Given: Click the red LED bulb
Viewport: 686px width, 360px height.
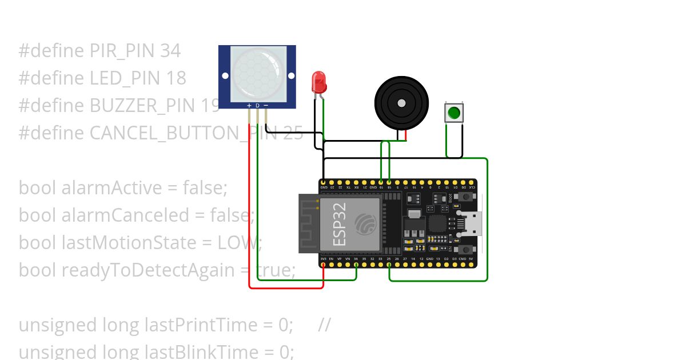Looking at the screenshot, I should (318, 83).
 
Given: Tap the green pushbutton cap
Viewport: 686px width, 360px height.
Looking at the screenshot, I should (454, 113).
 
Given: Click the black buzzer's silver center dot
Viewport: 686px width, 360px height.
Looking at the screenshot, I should (401, 103).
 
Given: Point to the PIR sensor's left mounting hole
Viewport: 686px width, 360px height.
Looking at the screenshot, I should (225, 75).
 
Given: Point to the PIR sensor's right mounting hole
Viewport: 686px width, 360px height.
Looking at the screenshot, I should (290, 75).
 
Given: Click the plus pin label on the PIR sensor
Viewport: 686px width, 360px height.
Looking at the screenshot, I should (249, 106).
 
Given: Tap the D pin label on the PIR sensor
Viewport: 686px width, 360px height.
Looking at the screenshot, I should (257, 106).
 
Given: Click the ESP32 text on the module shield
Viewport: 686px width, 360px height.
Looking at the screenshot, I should (340, 225).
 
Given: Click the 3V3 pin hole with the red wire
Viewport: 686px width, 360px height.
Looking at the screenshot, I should (324, 264).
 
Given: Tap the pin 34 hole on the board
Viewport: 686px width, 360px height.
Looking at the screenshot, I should (356, 264).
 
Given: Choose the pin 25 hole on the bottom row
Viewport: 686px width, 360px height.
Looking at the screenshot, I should (389, 264).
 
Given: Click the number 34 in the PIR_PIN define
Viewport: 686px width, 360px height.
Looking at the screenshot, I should (170, 51).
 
